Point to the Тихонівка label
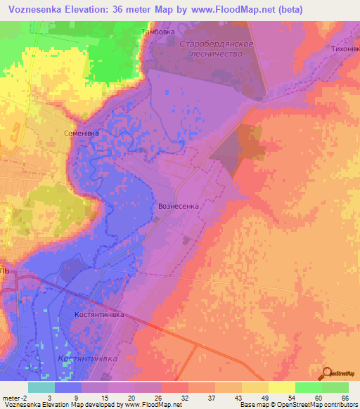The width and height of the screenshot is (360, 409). click(341, 49)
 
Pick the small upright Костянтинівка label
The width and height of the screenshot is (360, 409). click(99, 314)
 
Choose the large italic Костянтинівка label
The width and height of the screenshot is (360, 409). click(96, 358)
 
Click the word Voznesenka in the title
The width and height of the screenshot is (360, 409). click(34, 10)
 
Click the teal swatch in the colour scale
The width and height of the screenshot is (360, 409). click(41, 387)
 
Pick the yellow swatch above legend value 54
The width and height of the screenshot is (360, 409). click(282, 387)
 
